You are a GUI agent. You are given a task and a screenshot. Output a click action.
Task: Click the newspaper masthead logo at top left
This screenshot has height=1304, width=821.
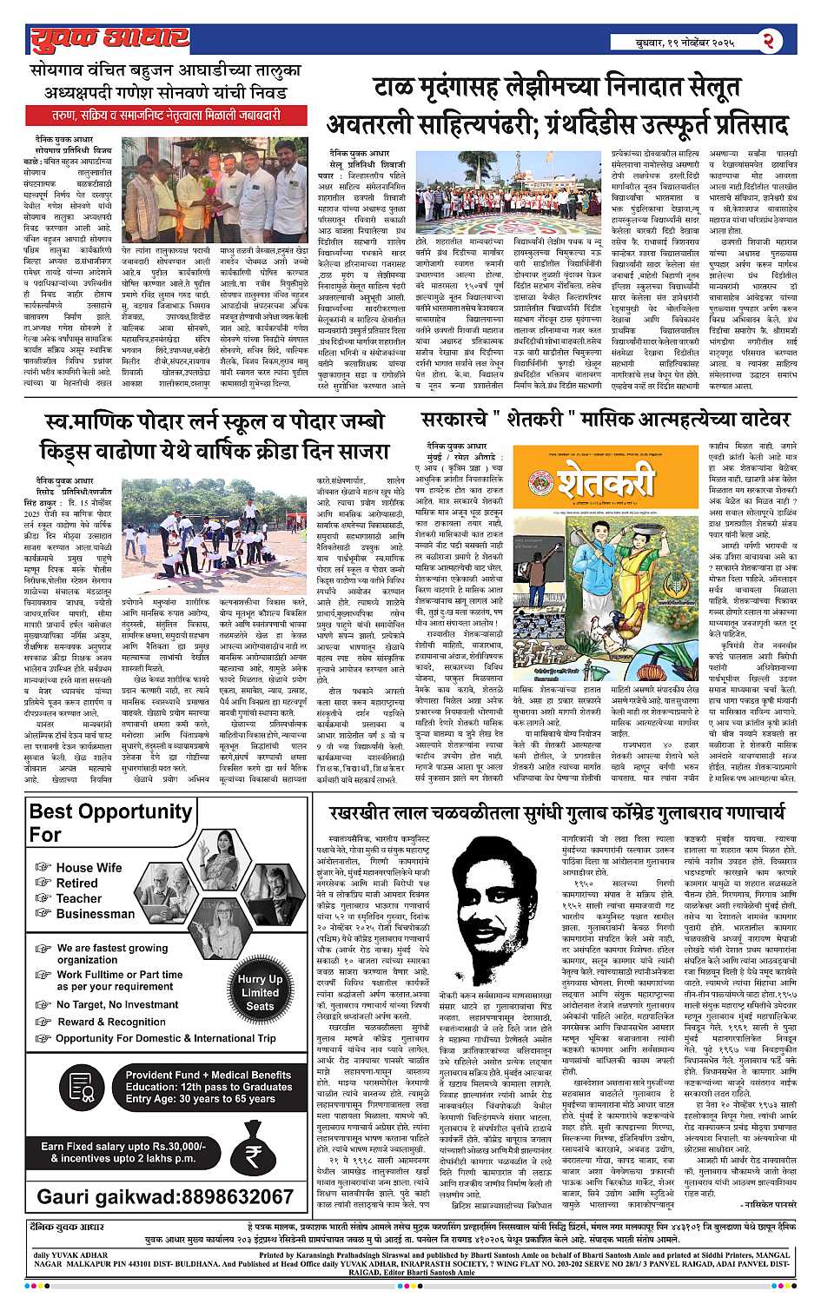pos(109,38)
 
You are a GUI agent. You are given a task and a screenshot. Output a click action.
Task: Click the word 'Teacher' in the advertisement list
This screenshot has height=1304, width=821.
pos(79,898)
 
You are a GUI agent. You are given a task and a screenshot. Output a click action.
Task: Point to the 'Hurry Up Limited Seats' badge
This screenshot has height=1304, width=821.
pos(260,992)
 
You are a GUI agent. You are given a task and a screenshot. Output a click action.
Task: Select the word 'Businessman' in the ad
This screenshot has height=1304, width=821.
pos(96,914)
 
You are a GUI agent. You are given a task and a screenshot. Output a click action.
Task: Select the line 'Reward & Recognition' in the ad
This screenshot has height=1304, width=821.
pos(111,1022)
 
